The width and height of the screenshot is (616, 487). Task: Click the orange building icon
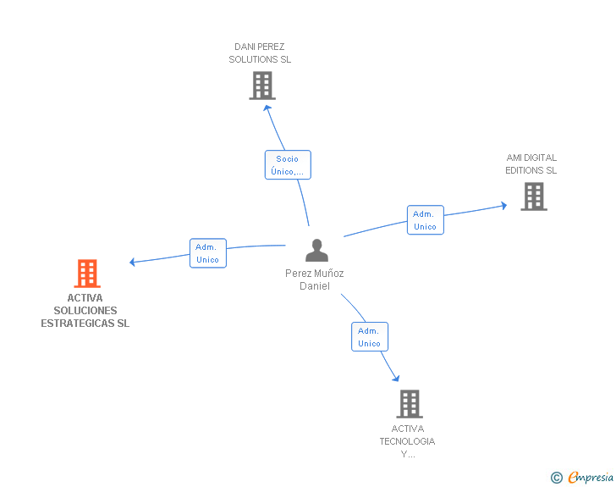(x=87, y=273)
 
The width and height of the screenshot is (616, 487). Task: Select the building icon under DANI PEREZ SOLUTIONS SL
(x=262, y=86)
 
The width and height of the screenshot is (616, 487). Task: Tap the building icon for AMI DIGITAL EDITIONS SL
(x=534, y=196)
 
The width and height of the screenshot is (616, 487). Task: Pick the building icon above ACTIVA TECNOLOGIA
(x=410, y=404)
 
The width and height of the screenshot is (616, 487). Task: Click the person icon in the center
(x=316, y=251)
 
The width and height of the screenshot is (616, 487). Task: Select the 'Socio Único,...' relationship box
(x=288, y=165)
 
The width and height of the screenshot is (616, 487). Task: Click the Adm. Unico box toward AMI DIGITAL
(x=426, y=220)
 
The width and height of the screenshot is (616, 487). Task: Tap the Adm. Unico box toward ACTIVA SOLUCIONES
(x=208, y=253)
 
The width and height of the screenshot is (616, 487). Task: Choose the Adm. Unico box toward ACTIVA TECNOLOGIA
(x=370, y=337)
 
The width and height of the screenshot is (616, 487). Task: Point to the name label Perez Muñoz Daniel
(x=315, y=279)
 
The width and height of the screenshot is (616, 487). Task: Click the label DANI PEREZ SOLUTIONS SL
(x=260, y=53)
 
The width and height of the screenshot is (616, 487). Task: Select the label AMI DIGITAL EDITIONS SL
(x=531, y=164)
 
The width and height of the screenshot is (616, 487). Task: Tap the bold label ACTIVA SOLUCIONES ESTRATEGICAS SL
(x=85, y=310)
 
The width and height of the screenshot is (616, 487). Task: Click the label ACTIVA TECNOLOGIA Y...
(x=407, y=441)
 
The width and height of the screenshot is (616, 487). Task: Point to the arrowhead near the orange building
(x=132, y=262)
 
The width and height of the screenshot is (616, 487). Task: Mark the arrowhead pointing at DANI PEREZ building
(x=267, y=108)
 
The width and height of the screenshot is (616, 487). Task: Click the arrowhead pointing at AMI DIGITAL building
(x=504, y=205)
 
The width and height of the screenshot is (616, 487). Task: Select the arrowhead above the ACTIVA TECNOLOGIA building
(x=396, y=379)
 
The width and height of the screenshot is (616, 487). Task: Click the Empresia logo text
(x=591, y=477)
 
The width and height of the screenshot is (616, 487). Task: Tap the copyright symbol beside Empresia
(x=556, y=478)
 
